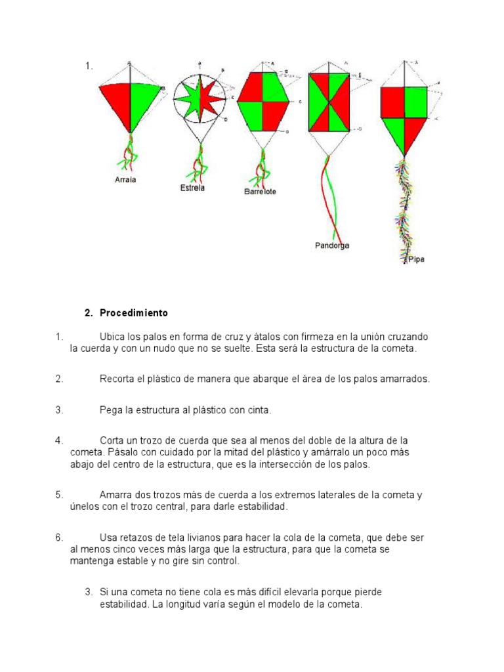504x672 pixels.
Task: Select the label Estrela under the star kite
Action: click(x=192, y=188)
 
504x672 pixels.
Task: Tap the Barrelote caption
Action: click(x=260, y=192)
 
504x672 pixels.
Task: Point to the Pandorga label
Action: click(x=331, y=245)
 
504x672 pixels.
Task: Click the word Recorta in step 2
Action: click(x=117, y=379)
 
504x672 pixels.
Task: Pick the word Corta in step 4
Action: click(x=112, y=440)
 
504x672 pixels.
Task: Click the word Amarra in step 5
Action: click(x=117, y=495)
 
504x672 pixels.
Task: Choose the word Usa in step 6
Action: click(x=108, y=537)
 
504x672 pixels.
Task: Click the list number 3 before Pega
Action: click(x=59, y=410)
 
